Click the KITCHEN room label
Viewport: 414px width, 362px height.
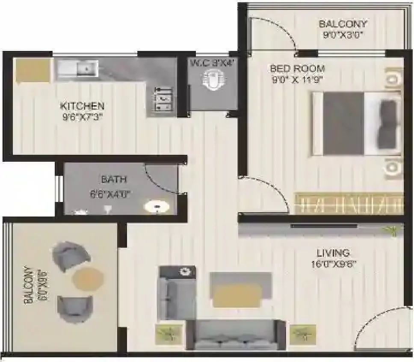(82, 106)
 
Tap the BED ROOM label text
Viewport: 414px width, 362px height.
(297, 68)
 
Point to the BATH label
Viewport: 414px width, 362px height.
(114, 180)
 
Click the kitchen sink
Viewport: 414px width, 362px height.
(78, 68)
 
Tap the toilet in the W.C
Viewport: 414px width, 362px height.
(212, 80)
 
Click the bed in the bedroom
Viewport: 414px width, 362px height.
(357, 124)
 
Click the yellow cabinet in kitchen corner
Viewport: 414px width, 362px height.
(33, 70)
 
